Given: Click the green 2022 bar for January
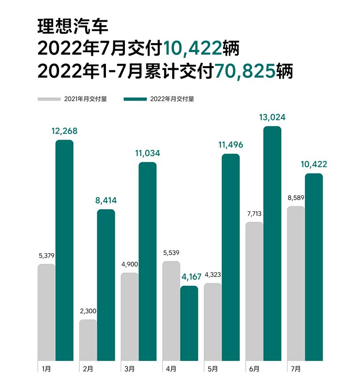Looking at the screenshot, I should (64, 250).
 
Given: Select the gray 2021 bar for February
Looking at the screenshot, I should (88, 340).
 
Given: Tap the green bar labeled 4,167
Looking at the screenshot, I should (189, 323).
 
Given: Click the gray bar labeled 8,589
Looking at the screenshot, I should (296, 283).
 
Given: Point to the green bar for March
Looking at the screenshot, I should (148, 261).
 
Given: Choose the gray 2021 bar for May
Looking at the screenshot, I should (212, 321).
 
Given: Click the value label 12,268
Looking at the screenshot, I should (64, 131).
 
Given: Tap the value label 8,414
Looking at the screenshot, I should (106, 200).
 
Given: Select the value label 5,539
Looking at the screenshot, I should (171, 252).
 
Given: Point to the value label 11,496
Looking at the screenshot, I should (230, 145).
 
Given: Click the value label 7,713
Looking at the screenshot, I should (254, 213).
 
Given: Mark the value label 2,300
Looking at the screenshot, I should (88, 310).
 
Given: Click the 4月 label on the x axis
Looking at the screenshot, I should (171, 369).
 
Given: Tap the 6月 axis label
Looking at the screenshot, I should (255, 369).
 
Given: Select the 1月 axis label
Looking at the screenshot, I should (46, 369).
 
